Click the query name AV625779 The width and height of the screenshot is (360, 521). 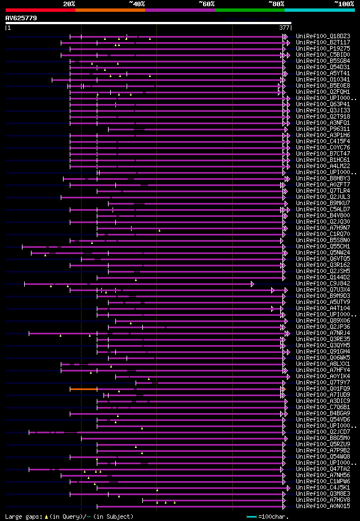[x=21, y=18]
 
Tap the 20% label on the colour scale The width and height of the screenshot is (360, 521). [x=69, y=4]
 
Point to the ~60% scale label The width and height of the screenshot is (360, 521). [x=206, y=4]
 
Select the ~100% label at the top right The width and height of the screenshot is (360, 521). [x=344, y=4]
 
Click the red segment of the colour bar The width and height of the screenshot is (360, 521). [x=40, y=10]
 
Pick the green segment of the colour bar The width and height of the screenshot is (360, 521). [x=249, y=10]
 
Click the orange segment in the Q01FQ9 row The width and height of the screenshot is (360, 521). [x=83, y=388]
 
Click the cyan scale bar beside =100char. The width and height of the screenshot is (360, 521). [x=251, y=517]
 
